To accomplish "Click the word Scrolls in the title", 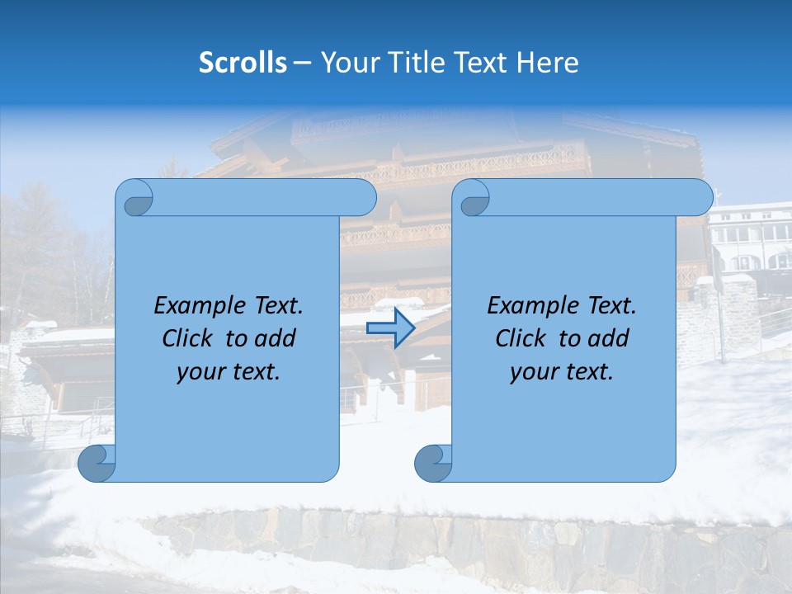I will (243, 63).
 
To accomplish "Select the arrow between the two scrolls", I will (390, 328).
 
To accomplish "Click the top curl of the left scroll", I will (134, 198).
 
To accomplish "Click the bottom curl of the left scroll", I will (97, 463).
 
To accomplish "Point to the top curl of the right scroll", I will (472, 198).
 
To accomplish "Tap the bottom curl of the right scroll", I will (433, 463).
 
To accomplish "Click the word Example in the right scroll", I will (530, 306).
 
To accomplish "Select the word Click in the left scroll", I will (186, 338).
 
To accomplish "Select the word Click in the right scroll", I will (520, 338).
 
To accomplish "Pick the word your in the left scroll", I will (199, 372).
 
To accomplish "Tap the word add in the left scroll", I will (278, 338).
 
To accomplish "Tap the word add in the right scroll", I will (611, 338).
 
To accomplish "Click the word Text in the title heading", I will (480, 63).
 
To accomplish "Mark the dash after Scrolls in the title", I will (302, 64).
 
